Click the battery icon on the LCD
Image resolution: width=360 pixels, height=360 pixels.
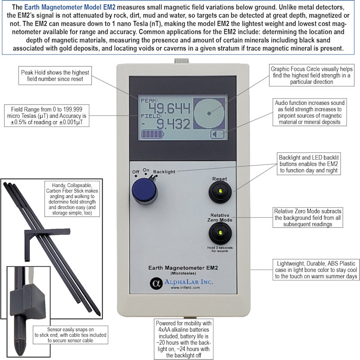(x=153, y=134)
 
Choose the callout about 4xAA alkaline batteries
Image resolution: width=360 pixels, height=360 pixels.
(x=182, y=339)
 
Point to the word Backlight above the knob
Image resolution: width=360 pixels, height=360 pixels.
(x=164, y=171)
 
